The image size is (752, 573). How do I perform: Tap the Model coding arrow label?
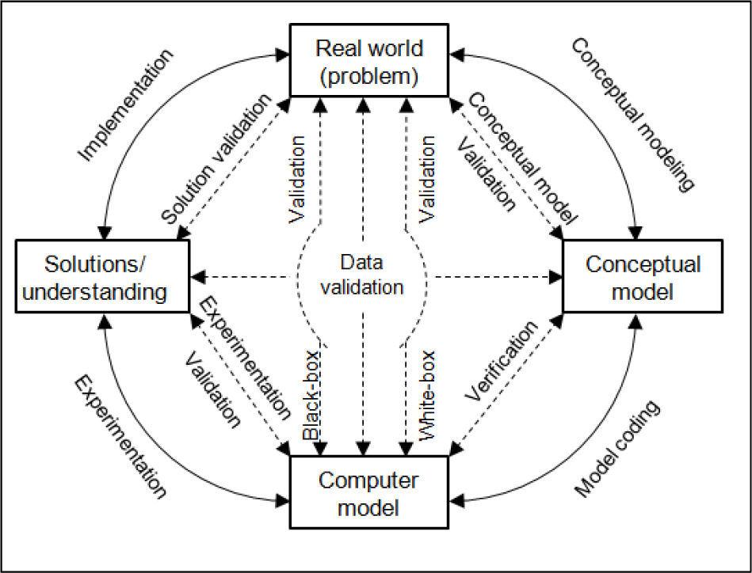(x=617, y=450)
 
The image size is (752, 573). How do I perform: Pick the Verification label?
(x=501, y=362)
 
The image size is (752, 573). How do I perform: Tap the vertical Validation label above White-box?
(x=428, y=178)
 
